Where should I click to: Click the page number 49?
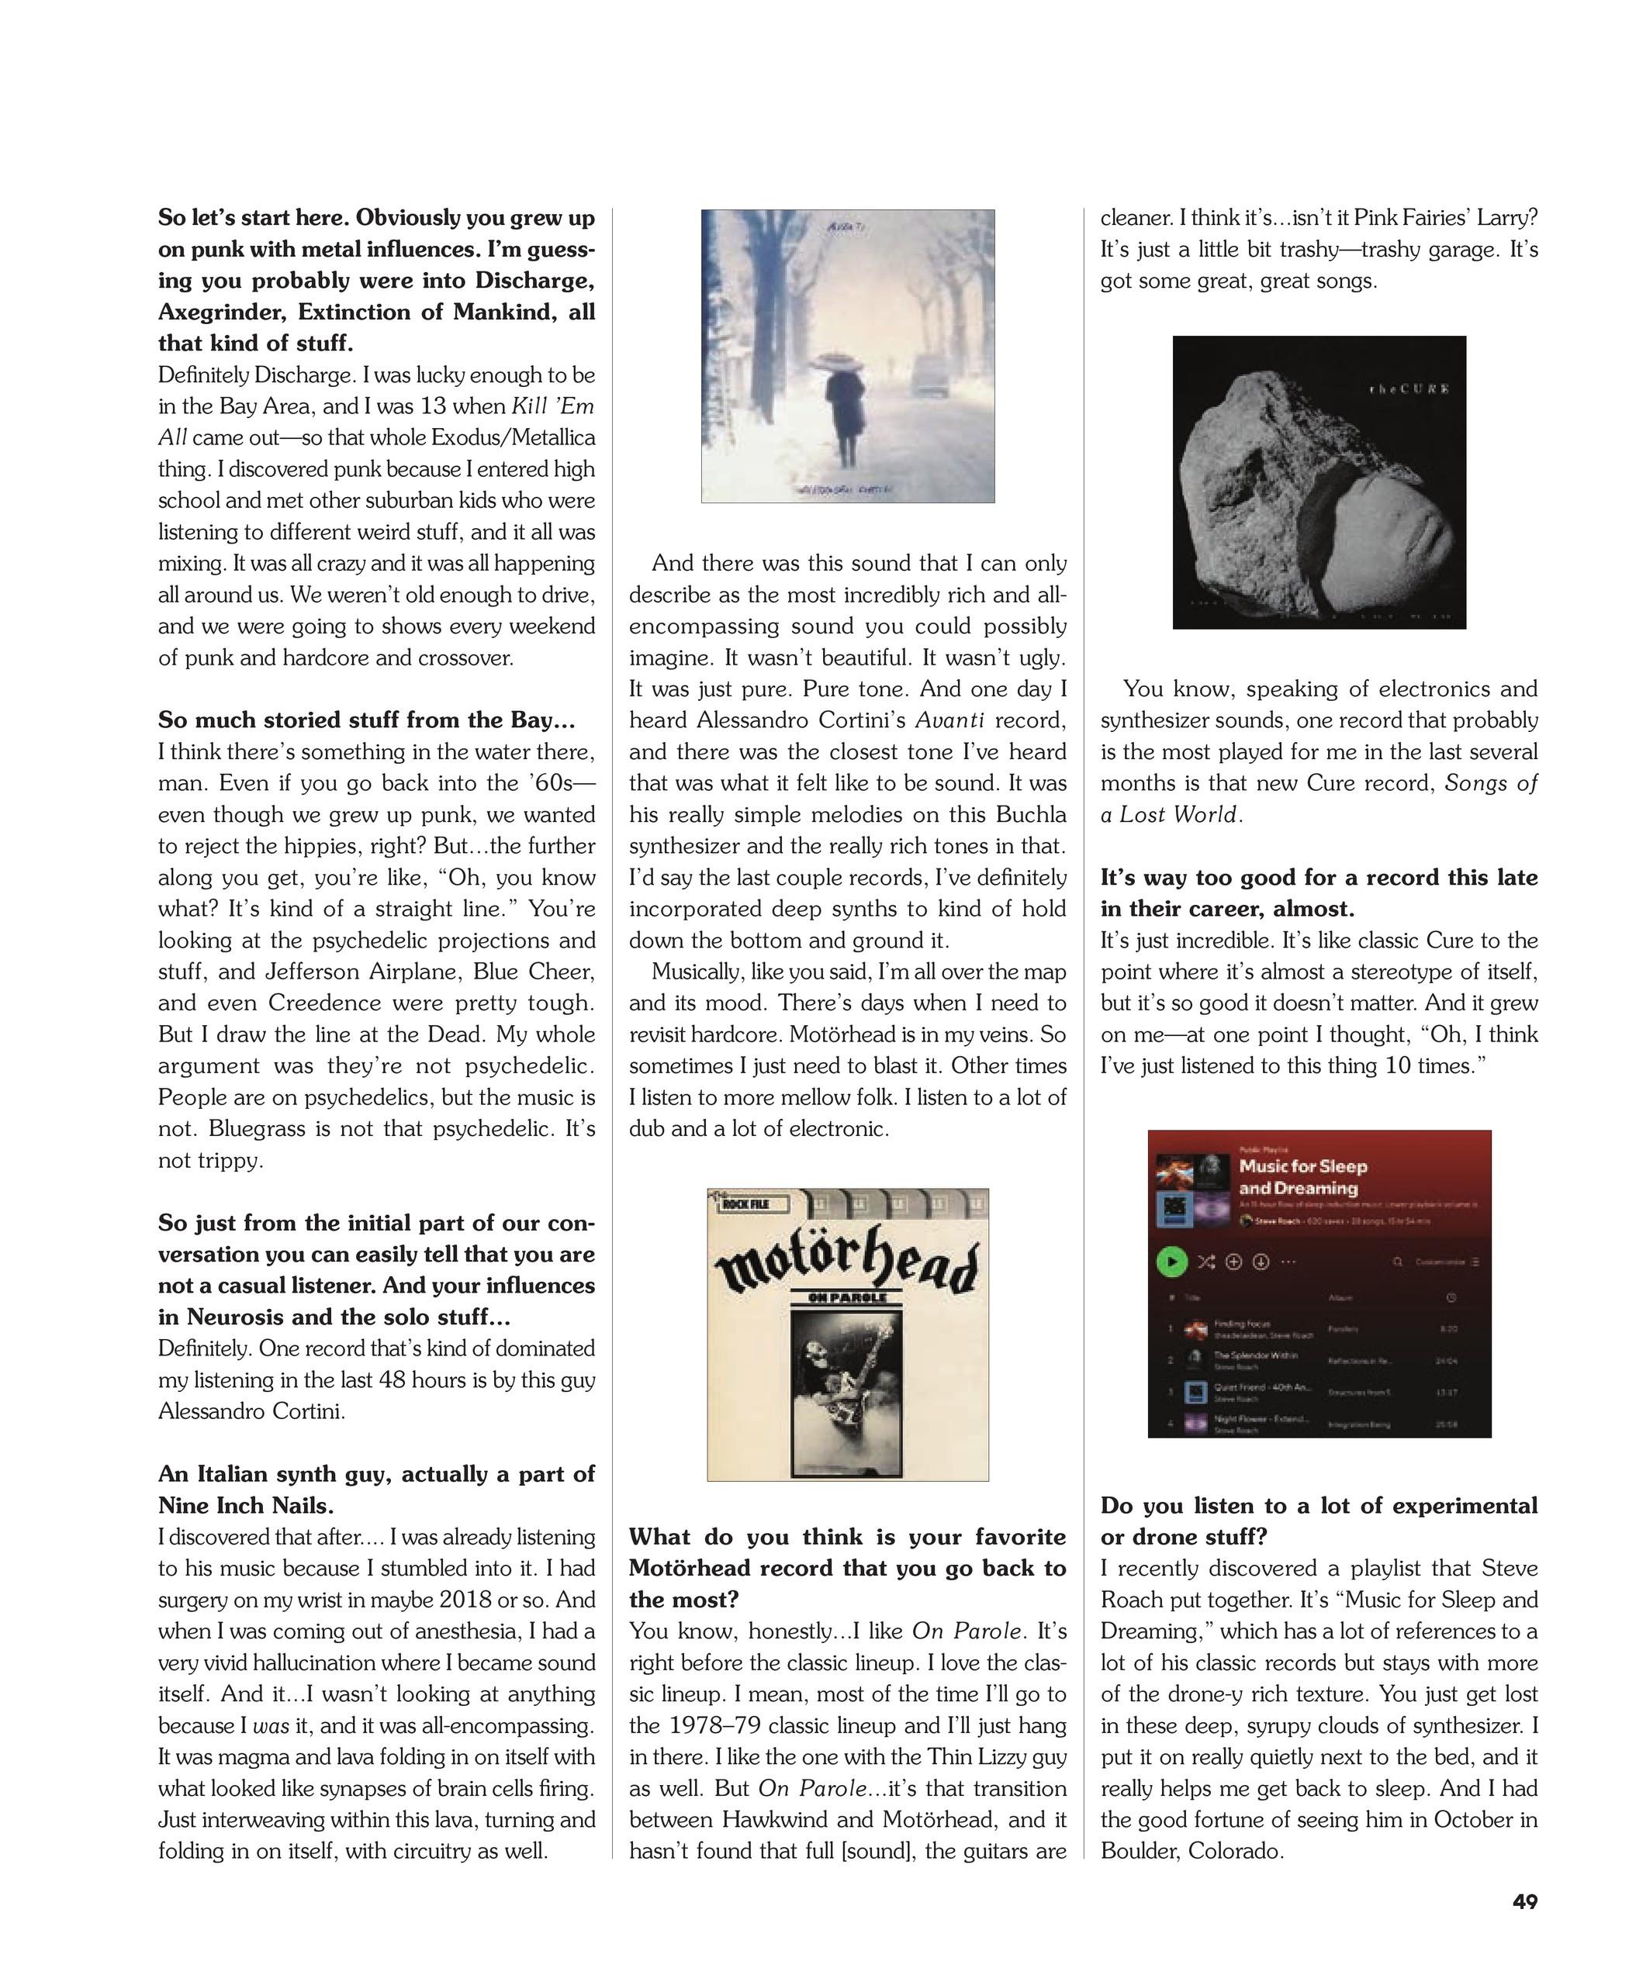[x=1524, y=1901]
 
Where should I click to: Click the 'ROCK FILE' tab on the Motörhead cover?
[x=747, y=1204]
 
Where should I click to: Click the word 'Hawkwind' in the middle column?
[x=770, y=1819]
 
